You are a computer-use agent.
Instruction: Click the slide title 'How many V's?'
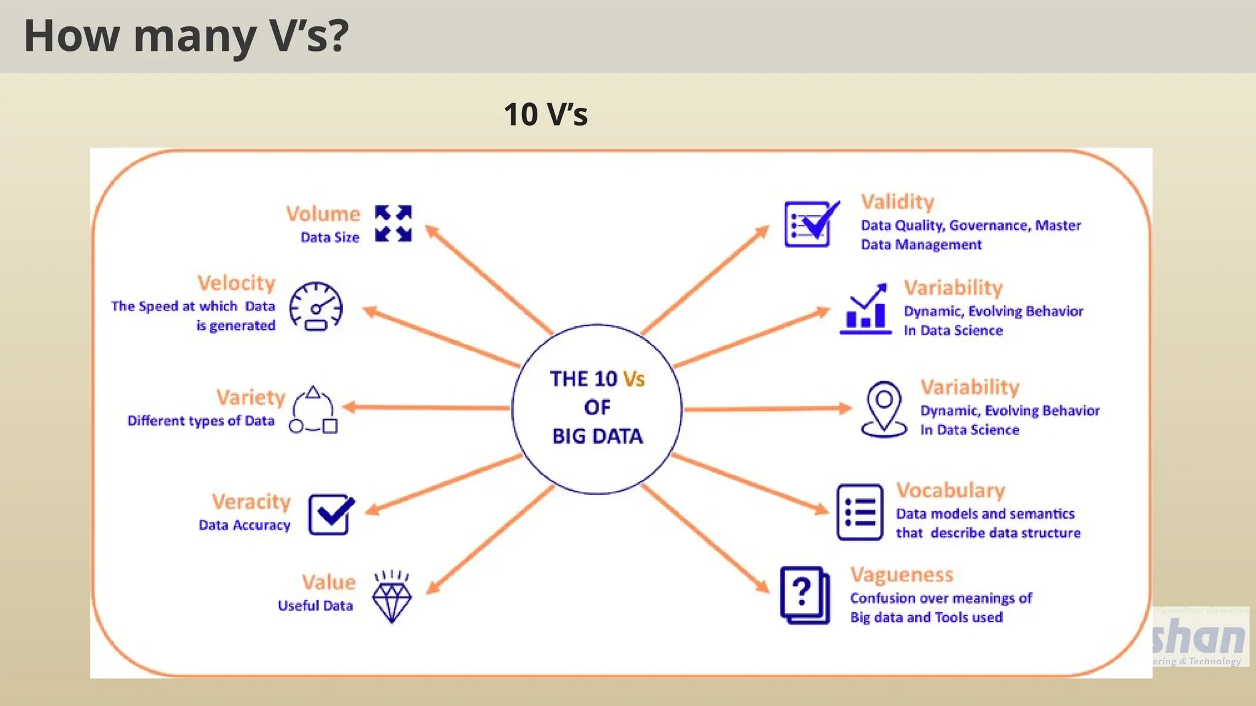click(186, 36)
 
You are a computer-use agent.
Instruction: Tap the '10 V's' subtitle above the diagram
click(545, 114)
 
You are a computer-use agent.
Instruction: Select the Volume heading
click(323, 214)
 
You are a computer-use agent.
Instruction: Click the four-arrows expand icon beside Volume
click(393, 224)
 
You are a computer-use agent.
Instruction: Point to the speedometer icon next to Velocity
click(316, 306)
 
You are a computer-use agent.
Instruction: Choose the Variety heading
click(250, 397)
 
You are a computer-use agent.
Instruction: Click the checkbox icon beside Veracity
click(331, 514)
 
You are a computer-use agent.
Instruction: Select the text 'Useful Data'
click(315, 605)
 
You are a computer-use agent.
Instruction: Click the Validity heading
click(897, 202)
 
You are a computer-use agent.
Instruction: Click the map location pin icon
click(884, 409)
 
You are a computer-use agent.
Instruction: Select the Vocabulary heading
click(951, 490)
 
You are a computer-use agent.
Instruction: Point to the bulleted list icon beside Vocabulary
click(860, 512)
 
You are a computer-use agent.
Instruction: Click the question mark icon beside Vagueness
click(805, 594)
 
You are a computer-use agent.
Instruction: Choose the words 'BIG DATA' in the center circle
click(597, 436)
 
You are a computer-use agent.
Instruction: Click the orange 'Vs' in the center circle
click(634, 379)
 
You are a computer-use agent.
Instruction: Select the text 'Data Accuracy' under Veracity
click(244, 525)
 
